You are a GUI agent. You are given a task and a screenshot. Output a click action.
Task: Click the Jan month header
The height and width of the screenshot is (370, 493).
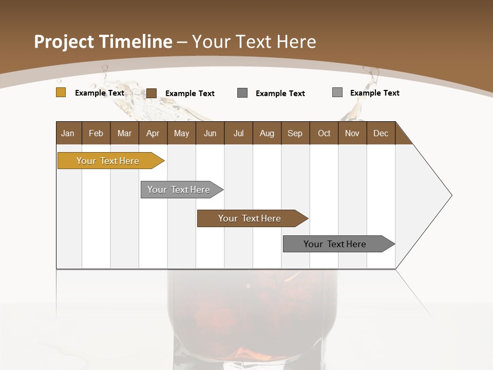68,134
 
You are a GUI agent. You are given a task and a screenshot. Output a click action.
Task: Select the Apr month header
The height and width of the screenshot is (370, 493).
153,134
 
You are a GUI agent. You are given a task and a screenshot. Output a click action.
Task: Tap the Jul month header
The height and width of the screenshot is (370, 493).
238,134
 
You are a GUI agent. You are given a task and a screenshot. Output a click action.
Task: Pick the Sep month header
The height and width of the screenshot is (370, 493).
295,134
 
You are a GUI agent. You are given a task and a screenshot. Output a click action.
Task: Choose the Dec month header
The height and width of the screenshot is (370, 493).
381,134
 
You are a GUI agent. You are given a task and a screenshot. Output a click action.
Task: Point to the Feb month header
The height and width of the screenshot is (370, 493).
96,134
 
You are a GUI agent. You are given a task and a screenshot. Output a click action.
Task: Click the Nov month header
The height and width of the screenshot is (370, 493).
352,134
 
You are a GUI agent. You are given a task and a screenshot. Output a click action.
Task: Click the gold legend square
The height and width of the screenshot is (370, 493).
61,92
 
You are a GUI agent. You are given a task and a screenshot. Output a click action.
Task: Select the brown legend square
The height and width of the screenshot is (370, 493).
151,93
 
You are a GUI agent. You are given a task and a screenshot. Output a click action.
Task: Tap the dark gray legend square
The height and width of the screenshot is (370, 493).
242,92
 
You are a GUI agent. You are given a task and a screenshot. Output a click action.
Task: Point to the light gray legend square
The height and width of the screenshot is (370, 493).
337,92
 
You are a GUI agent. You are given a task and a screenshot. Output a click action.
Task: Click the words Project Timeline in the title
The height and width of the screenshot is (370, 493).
103,42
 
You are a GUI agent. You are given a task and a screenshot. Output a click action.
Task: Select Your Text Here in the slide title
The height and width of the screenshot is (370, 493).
254,42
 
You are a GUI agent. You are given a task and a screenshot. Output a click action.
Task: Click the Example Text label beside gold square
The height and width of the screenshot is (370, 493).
100,93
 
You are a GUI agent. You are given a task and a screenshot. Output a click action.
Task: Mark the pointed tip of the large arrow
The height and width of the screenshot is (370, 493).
451,195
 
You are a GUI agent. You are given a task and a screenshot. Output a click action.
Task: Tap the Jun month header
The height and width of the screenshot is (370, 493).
210,134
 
